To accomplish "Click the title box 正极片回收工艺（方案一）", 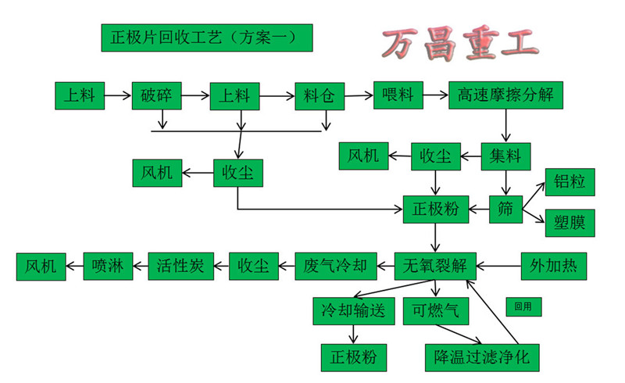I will pyautogui.click(x=207, y=38).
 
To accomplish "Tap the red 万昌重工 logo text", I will pyautogui.click(x=460, y=45).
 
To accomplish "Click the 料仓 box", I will pyautogui.click(x=320, y=96).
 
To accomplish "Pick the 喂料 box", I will pyautogui.click(x=398, y=95).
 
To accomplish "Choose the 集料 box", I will pyautogui.click(x=505, y=156).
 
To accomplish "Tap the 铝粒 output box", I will pyautogui.click(x=570, y=181).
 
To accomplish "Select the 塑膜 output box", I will pyautogui.click(x=570, y=221).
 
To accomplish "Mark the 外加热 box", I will pyautogui.click(x=553, y=266).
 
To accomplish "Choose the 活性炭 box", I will pyautogui.click(x=180, y=266).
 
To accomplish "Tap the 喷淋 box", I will pyautogui.click(x=107, y=266).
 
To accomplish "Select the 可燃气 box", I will pyautogui.click(x=436, y=310).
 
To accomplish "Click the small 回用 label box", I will pyautogui.click(x=523, y=306).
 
